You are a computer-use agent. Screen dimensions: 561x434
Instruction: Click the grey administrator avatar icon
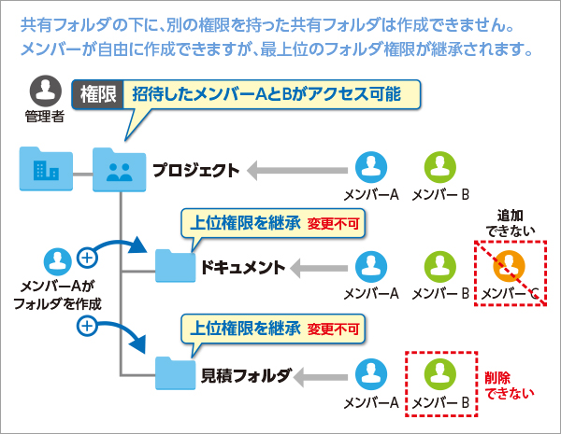tap(46, 91)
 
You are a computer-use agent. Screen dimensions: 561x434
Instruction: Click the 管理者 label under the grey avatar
tap(45, 117)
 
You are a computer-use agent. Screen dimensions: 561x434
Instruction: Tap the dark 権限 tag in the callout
tap(97, 94)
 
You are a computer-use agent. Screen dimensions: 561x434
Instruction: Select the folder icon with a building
tap(46, 169)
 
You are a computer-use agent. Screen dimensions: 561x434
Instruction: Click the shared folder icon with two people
tap(119, 170)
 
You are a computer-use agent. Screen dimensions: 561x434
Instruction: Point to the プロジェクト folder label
tap(195, 171)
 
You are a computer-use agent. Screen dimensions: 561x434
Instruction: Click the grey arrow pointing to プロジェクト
tap(297, 171)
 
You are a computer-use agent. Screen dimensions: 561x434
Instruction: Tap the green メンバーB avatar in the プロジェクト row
tap(440, 167)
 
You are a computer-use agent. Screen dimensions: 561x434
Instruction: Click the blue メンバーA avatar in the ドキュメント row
tap(371, 267)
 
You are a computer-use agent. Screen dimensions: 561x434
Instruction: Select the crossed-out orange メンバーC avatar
tap(509, 266)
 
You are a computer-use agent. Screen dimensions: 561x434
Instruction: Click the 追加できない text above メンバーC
tap(511, 224)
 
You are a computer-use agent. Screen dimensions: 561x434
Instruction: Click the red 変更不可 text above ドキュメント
tap(333, 224)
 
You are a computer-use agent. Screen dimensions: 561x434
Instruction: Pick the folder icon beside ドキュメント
tap(176, 266)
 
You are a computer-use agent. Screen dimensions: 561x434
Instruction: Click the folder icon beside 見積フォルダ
tap(176, 373)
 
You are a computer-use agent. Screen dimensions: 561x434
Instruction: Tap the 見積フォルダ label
tap(245, 376)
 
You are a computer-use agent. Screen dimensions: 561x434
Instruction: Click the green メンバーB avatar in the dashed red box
tap(440, 374)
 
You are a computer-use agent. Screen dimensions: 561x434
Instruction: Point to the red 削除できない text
tap(510, 385)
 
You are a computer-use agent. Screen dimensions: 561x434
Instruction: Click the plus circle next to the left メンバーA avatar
tap(87, 258)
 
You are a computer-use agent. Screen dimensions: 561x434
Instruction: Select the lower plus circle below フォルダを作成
tap(87, 326)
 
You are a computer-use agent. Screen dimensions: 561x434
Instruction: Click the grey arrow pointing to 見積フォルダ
tap(320, 377)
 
